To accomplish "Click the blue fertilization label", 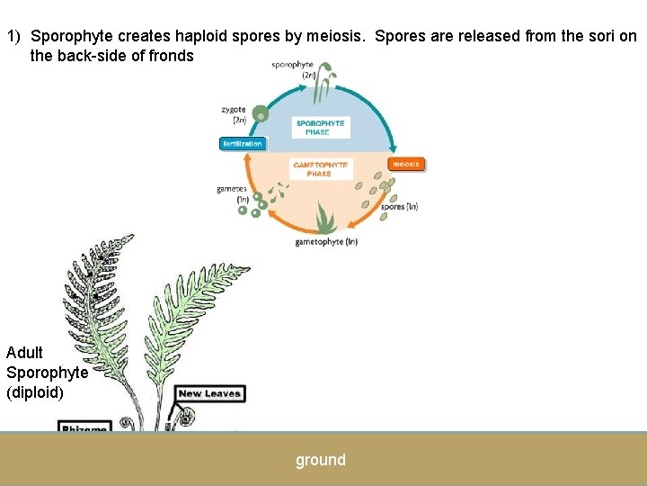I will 243,144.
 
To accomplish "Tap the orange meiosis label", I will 406,165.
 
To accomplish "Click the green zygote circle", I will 261,113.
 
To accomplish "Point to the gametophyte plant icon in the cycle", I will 323,219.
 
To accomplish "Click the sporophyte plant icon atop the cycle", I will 330,78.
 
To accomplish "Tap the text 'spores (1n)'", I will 399,207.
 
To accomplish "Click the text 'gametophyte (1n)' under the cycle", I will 326,241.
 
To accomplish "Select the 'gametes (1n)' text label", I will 232,193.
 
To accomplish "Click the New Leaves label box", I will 210,393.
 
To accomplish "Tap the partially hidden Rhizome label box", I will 84,427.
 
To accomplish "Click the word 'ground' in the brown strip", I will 321,460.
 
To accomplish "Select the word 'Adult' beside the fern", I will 24,353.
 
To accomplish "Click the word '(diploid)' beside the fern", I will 35,392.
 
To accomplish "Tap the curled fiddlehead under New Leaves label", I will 186,417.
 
